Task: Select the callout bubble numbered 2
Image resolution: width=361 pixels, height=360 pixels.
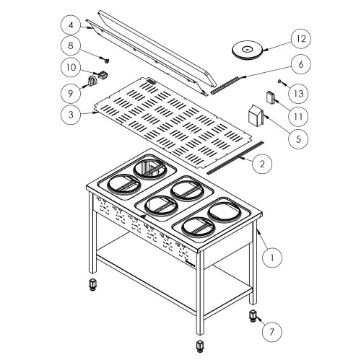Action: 262,164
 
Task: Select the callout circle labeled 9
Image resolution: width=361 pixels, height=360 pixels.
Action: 69,93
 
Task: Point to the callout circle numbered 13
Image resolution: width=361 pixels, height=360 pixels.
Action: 297,92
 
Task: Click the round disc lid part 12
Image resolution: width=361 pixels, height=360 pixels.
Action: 247,49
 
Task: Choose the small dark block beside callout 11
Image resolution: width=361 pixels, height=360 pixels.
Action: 271,97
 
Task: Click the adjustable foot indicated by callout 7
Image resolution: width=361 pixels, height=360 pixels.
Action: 254,317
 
